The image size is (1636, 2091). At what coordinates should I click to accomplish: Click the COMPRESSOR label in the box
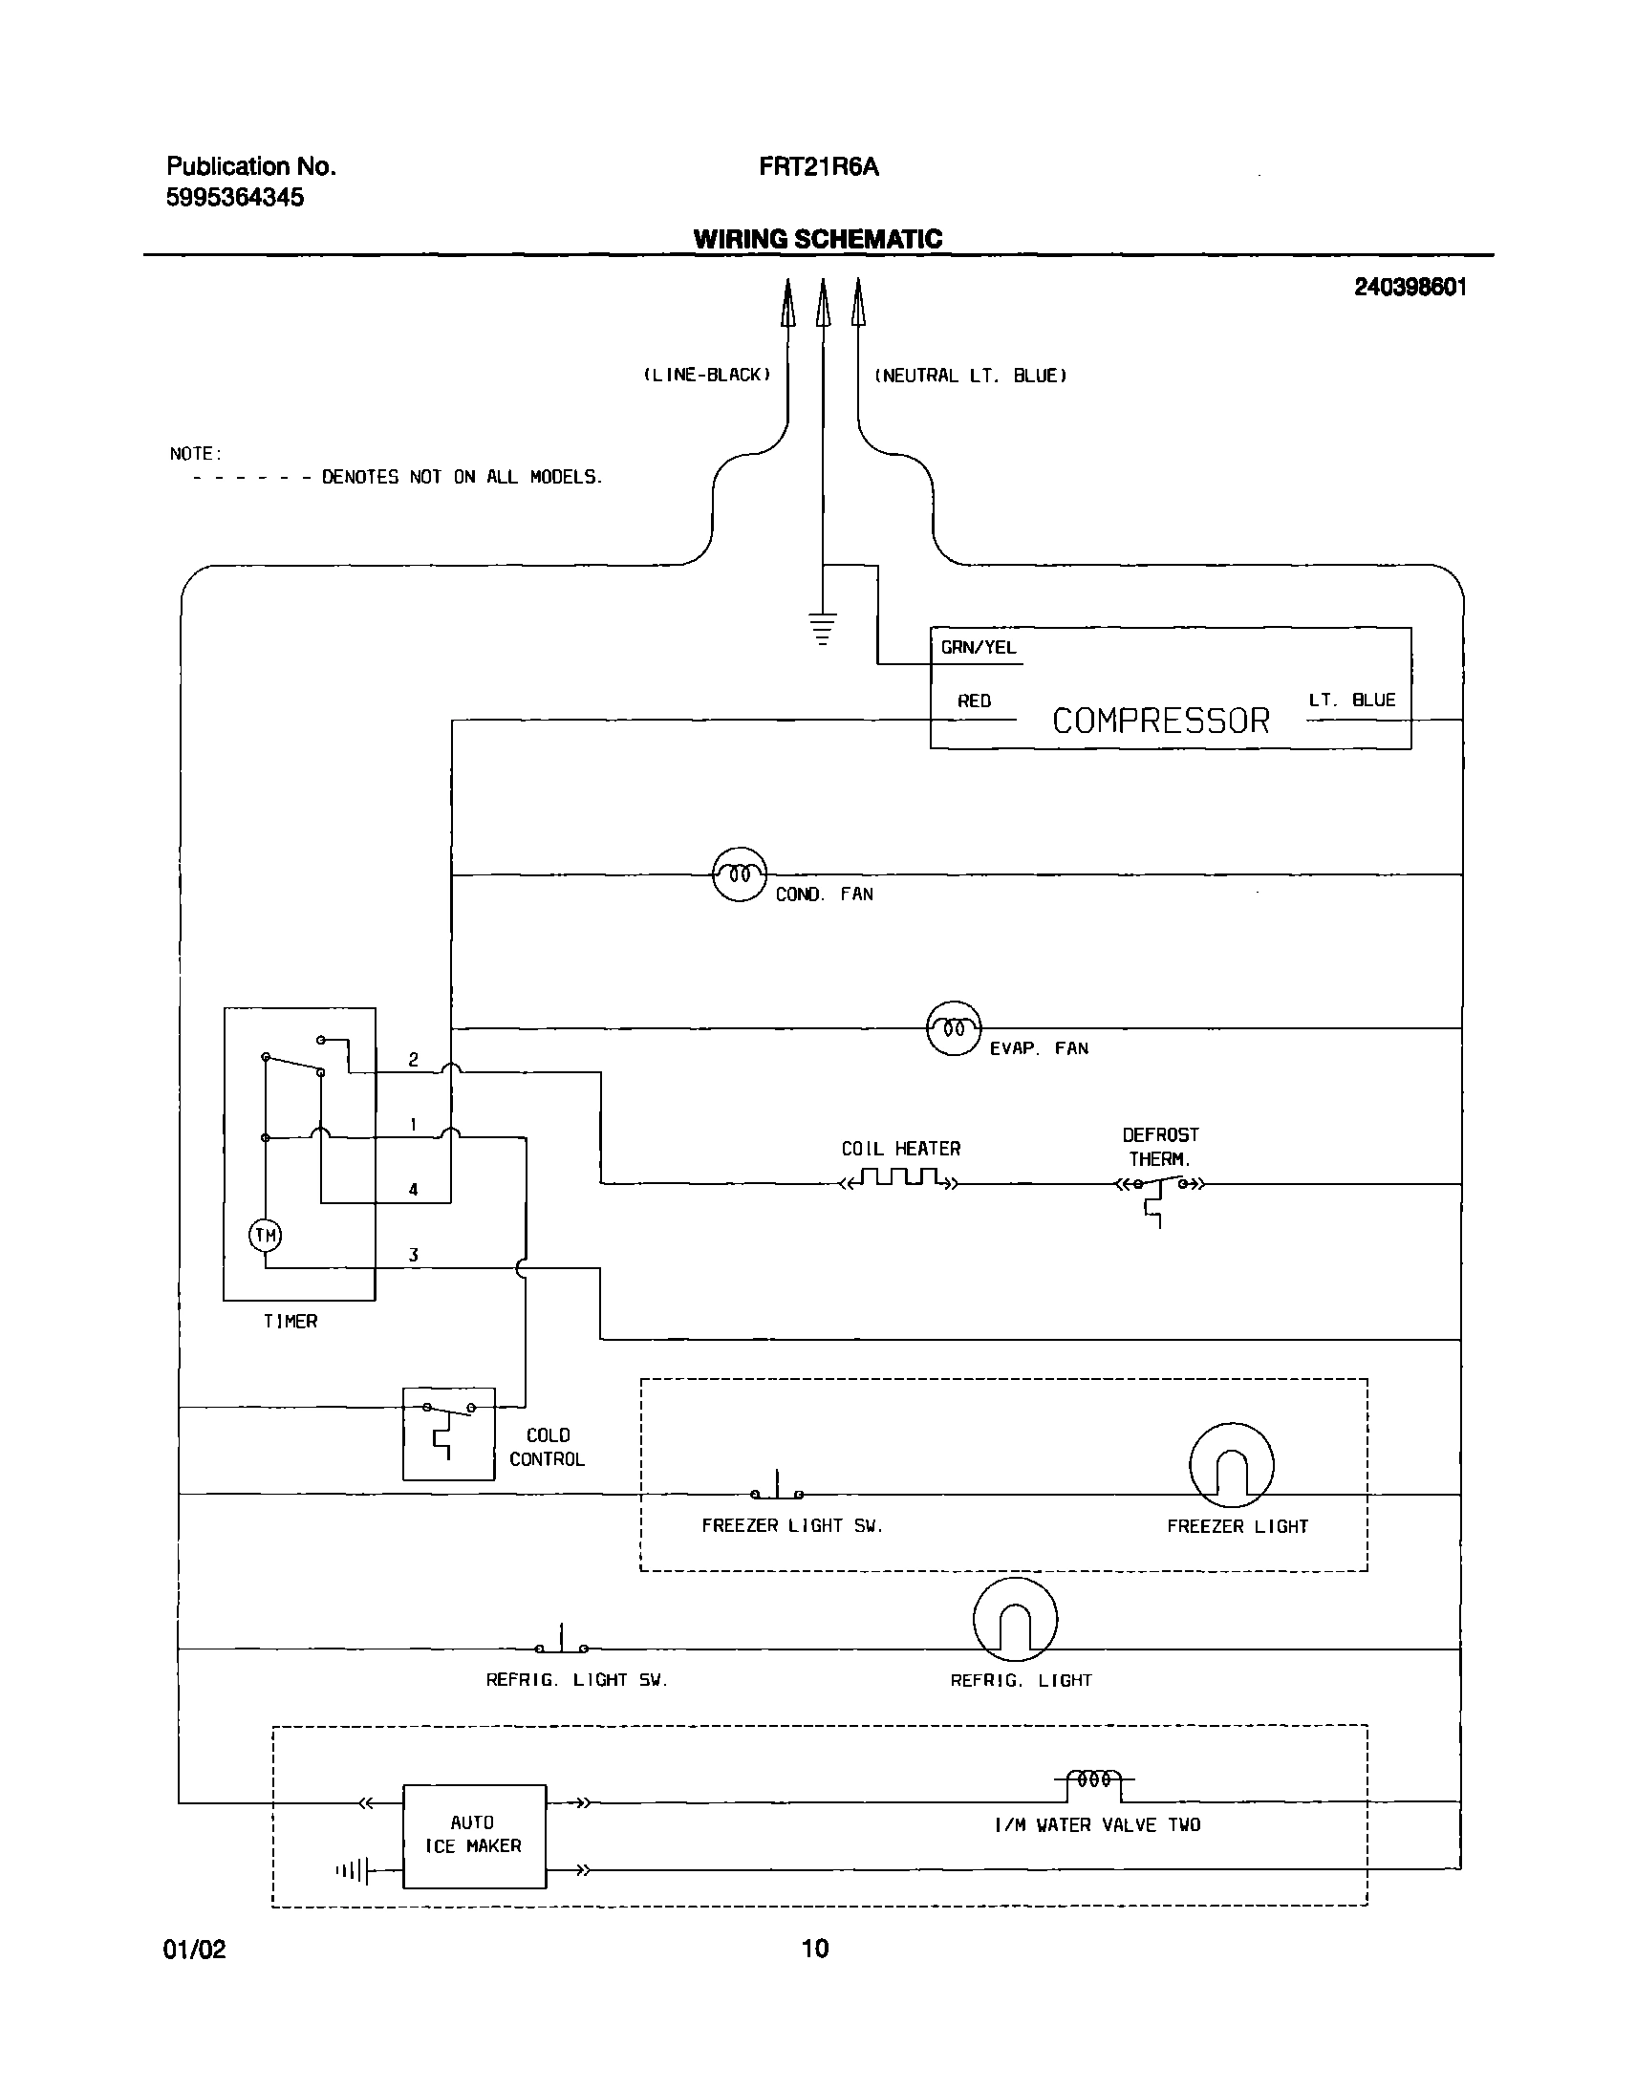click(1160, 721)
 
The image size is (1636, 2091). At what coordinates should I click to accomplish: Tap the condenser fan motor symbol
click(740, 873)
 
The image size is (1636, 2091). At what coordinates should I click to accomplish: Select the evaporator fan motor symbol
click(954, 1027)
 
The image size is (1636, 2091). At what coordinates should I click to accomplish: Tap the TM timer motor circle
click(266, 1235)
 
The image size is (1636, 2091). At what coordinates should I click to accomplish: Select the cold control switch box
click(448, 1433)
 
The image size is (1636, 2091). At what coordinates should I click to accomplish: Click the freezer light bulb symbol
click(1231, 1465)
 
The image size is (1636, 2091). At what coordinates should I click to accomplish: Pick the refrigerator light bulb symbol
click(1015, 1619)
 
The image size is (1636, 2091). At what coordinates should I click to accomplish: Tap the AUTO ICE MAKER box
click(474, 1834)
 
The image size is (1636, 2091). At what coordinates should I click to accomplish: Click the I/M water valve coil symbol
click(1094, 1779)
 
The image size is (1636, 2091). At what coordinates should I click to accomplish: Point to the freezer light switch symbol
click(777, 1488)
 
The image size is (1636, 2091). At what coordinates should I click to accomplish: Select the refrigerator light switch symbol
click(562, 1642)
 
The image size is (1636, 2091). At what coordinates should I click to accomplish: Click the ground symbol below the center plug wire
click(822, 629)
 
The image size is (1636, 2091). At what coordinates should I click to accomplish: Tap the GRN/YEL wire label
click(977, 648)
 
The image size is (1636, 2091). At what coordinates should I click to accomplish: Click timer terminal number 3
click(413, 1255)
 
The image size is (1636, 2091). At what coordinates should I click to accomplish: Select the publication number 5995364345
click(235, 197)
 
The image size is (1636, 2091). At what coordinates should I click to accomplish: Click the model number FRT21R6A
click(818, 166)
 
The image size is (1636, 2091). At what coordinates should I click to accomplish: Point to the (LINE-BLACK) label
click(706, 375)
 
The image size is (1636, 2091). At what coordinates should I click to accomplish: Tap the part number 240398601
click(1409, 288)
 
